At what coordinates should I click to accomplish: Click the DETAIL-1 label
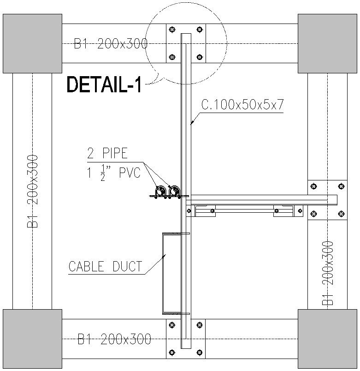click(x=104, y=84)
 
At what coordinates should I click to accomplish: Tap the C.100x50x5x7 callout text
click(x=242, y=105)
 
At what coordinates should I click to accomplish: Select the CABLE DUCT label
click(x=105, y=266)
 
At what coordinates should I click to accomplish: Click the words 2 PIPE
click(x=107, y=153)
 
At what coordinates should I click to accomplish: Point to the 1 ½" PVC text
click(x=114, y=173)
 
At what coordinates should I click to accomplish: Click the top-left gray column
click(x=32, y=43)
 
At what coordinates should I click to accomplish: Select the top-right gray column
click(x=327, y=43)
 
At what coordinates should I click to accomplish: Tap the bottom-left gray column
click(x=32, y=339)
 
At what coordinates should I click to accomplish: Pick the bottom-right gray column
click(x=327, y=339)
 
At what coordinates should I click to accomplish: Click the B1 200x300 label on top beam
click(x=111, y=44)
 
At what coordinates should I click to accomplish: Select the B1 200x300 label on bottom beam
click(x=114, y=339)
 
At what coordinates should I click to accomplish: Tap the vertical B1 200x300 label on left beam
click(x=32, y=191)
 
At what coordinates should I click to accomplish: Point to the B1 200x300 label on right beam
click(x=328, y=273)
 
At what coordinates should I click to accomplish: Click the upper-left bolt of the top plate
click(x=172, y=30)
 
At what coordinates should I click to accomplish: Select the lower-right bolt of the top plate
click(x=200, y=57)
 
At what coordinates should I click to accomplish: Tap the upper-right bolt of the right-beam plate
click(x=341, y=186)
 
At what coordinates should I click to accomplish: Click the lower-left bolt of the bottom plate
click(x=172, y=353)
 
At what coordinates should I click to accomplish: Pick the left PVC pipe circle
click(x=161, y=191)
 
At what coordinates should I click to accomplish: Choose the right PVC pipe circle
click(x=174, y=191)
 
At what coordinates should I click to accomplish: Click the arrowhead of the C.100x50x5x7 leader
click(x=192, y=123)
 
